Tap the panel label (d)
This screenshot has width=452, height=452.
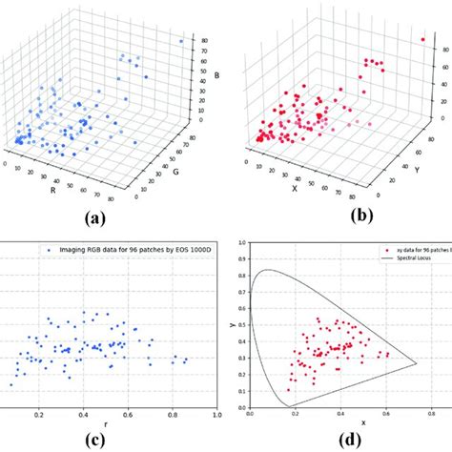point(326,440)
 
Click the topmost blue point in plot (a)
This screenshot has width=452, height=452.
point(181,42)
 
